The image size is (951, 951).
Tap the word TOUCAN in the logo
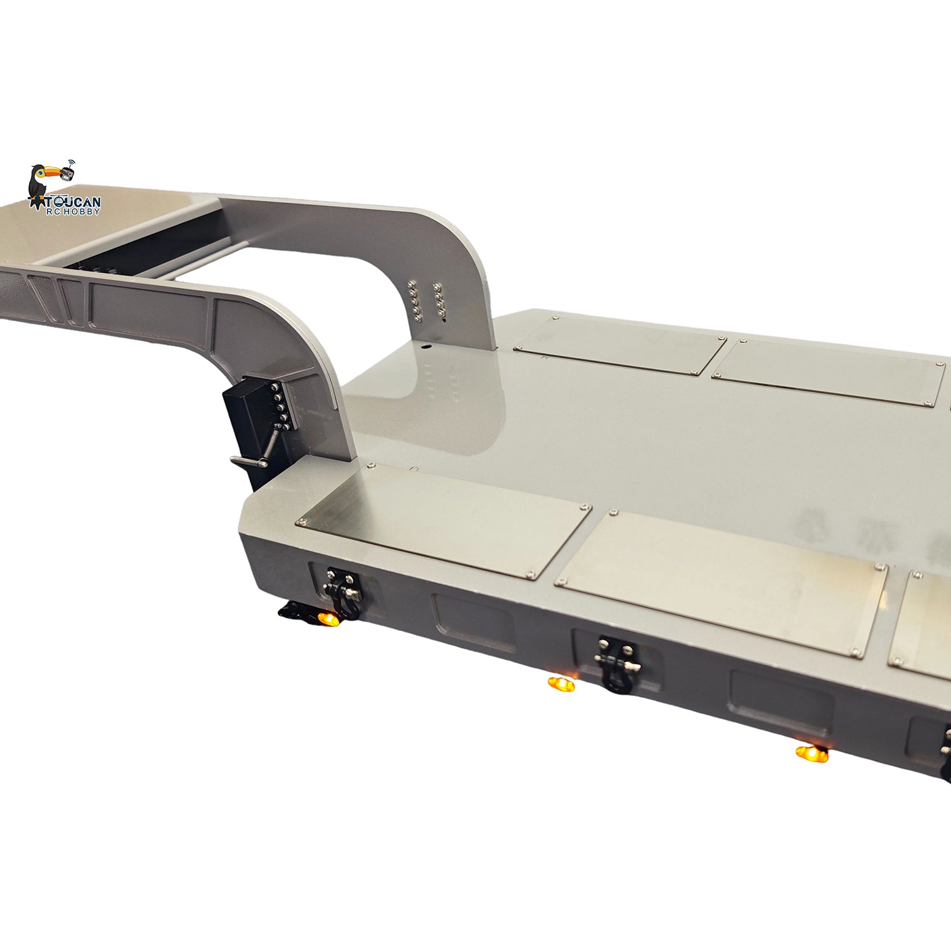(74, 202)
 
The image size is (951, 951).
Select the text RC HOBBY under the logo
(74, 211)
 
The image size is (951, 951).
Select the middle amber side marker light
(561, 684)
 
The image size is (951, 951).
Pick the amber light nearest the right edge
(812, 754)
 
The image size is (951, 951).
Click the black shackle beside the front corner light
(343, 593)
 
